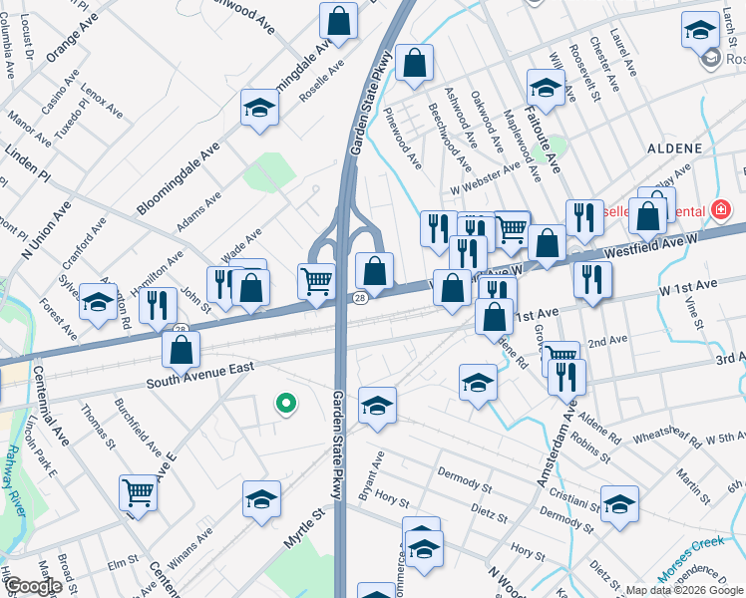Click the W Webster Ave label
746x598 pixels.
(x=486, y=177)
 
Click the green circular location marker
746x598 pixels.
(x=286, y=404)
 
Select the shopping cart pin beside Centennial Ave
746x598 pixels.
(x=138, y=492)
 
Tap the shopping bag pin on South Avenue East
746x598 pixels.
(x=182, y=349)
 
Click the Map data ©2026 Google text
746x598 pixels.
(x=684, y=590)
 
